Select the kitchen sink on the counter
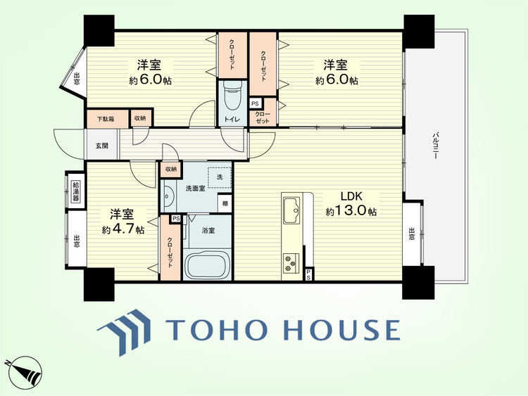point(291,210)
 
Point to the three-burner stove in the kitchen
point(291,262)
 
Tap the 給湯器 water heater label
point(76,191)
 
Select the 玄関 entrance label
point(101,146)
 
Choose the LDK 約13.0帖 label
point(351,203)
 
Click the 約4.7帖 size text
point(123,229)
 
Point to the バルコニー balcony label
point(435,146)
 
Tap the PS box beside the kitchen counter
point(308,274)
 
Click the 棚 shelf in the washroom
point(225,203)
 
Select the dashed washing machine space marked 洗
point(220,177)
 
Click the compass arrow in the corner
point(23,372)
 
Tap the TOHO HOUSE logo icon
point(124,333)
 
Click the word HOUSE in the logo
point(342,329)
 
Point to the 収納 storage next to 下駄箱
point(141,117)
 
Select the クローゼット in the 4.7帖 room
point(170,248)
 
